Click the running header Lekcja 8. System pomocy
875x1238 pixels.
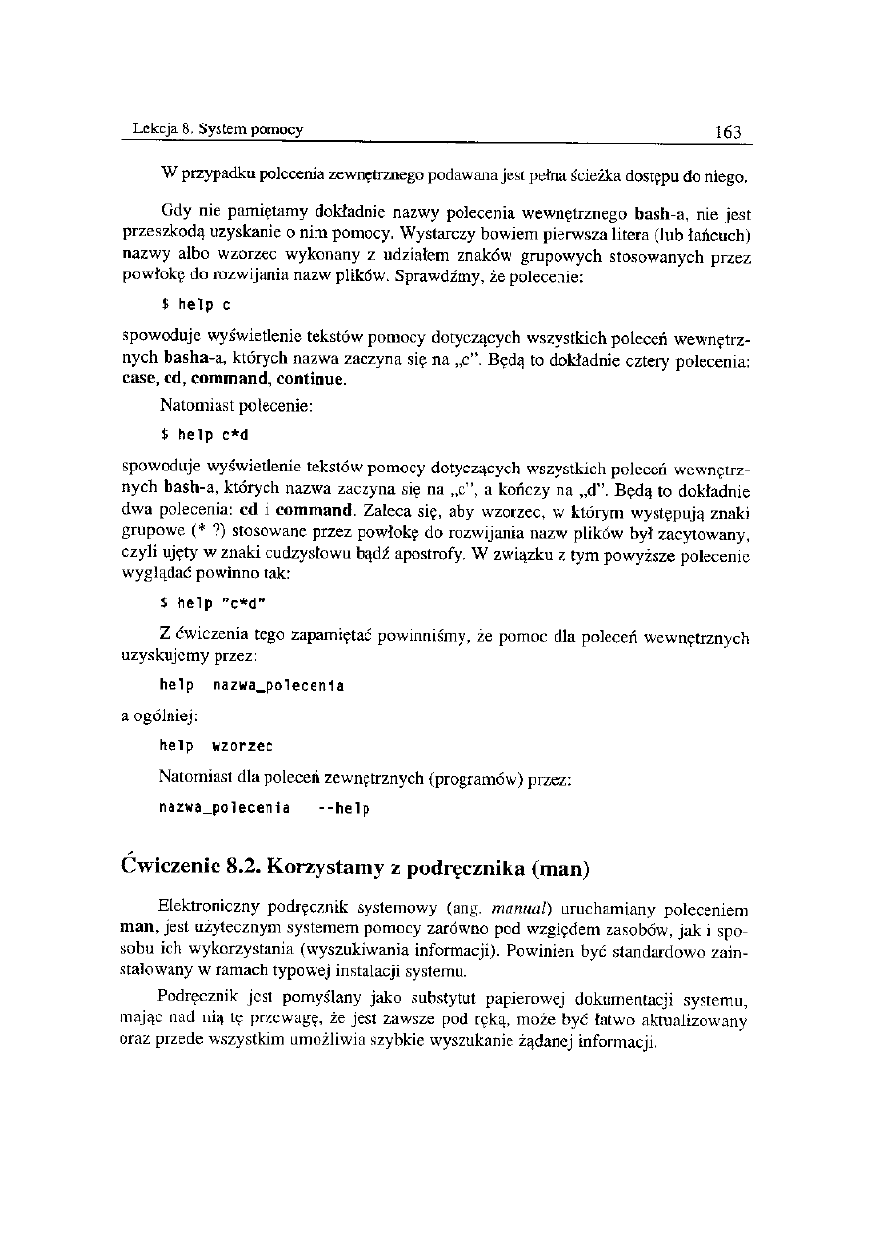coord(218,129)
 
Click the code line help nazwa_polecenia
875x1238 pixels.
coord(251,685)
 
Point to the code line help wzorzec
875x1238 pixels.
coord(216,746)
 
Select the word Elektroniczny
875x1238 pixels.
coord(206,909)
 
